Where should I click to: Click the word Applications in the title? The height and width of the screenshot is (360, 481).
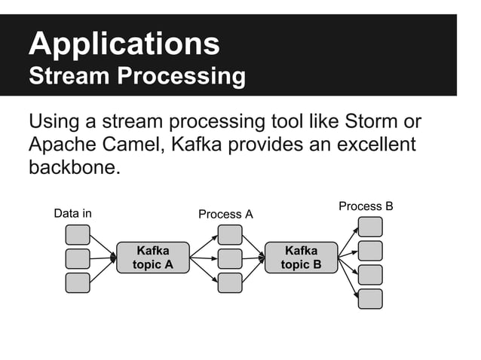tap(124, 44)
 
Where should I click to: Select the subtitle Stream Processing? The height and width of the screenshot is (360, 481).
tap(136, 77)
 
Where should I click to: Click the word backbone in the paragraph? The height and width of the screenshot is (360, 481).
tap(73, 166)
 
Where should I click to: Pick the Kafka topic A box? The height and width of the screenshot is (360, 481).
tap(152, 258)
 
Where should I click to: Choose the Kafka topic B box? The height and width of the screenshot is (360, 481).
tap(301, 258)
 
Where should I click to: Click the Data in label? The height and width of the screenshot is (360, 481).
tap(72, 213)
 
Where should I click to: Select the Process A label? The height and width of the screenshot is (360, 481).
tap(225, 215)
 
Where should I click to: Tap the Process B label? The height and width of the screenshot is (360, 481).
tap(366, 206)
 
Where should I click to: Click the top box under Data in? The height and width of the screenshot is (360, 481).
tap(78, 234)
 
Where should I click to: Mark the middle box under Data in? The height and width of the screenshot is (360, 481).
tap(78, 258)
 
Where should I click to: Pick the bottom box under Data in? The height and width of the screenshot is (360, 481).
tap(78, 282)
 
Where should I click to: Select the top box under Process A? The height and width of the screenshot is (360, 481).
tap(230, 234)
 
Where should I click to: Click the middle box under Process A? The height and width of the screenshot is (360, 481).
tap(230, 258)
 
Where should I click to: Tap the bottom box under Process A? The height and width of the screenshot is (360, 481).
tap(230, 282)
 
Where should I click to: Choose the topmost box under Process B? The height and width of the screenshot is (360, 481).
tap(370, 227)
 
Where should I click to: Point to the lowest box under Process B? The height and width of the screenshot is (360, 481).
tap(370, 299)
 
